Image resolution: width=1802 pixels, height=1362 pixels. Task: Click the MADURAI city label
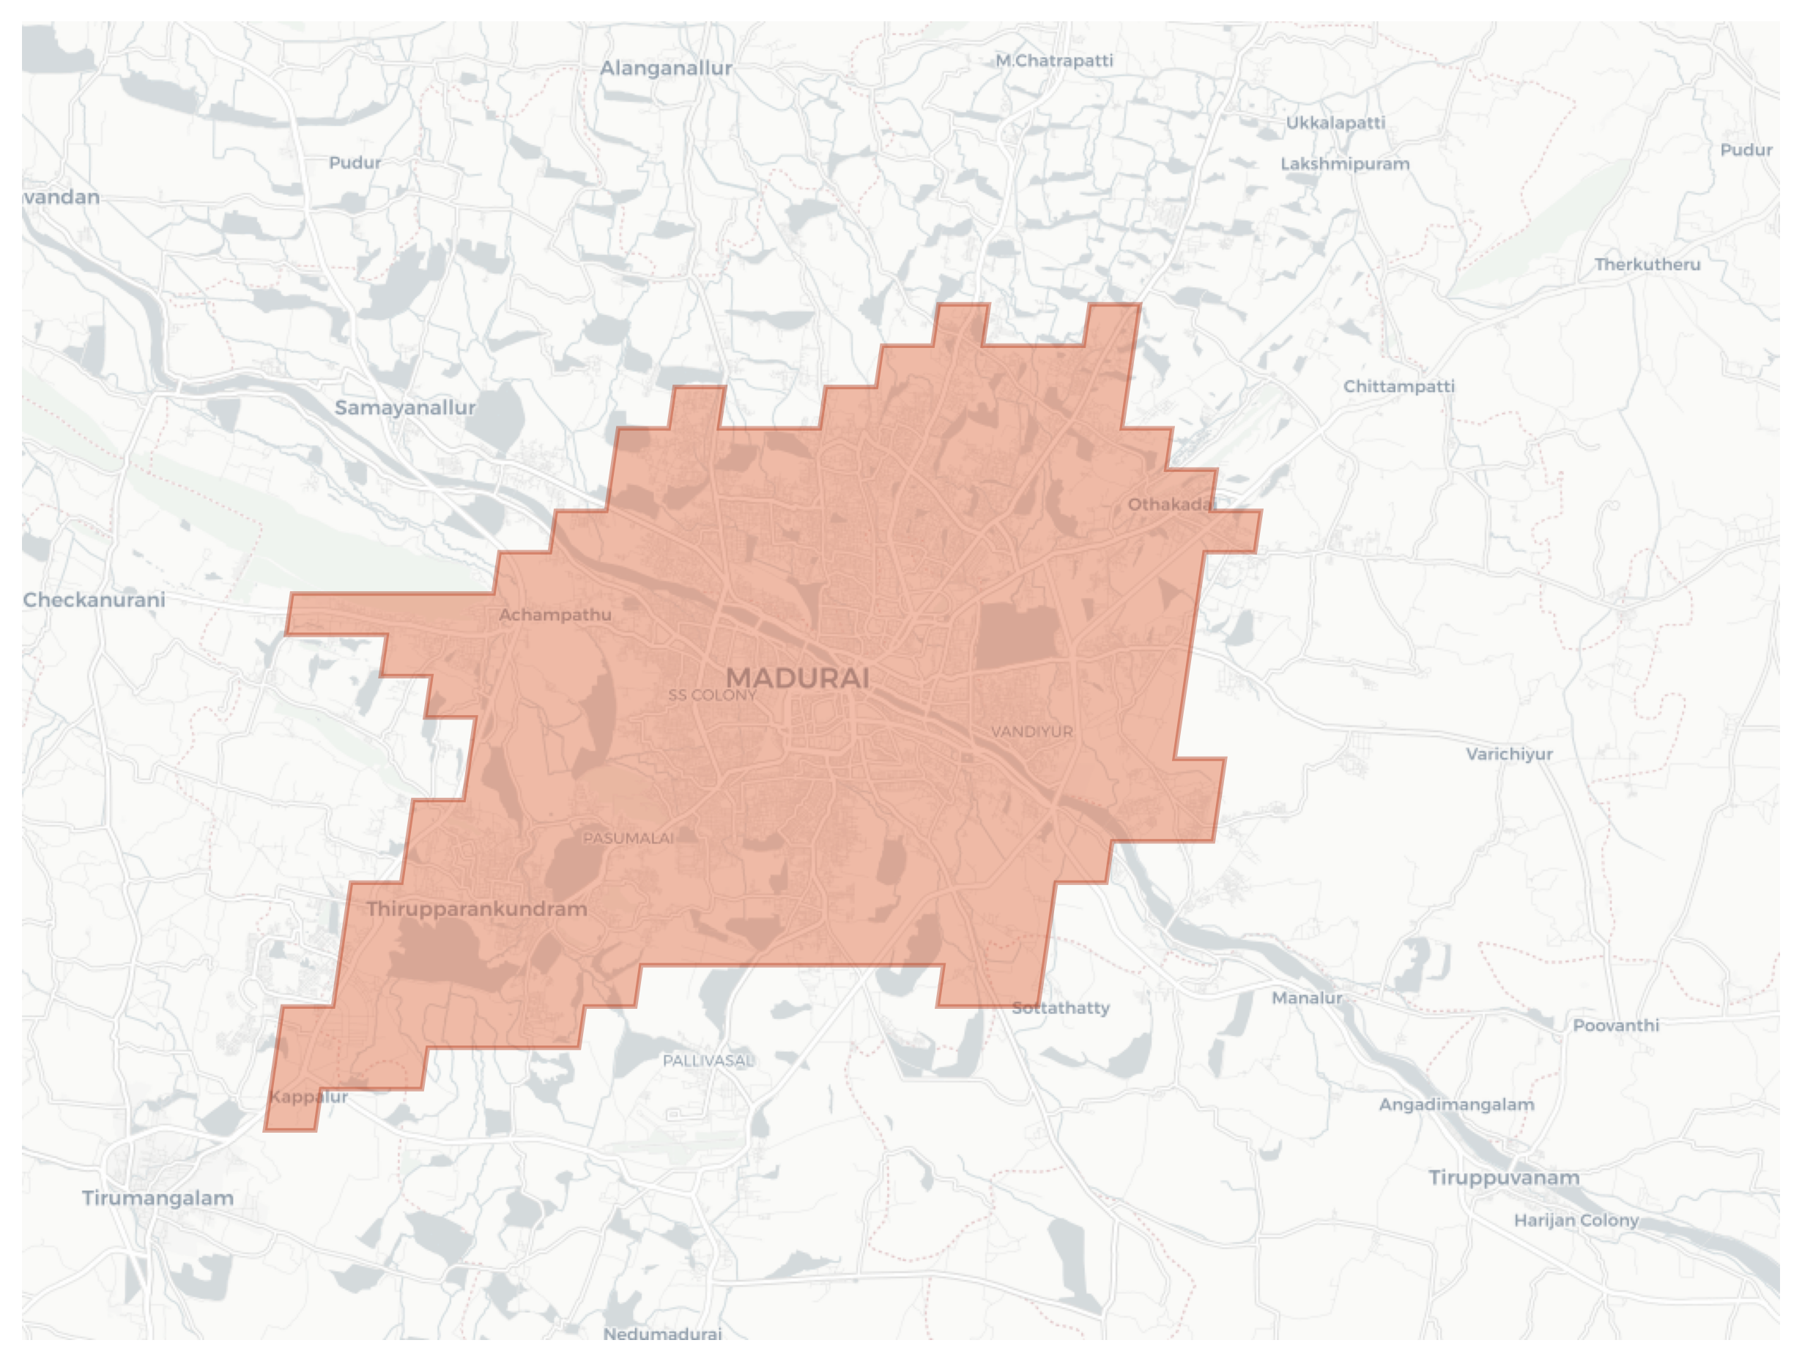coord(798,678)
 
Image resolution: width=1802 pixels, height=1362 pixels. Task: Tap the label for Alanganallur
coord(666,68)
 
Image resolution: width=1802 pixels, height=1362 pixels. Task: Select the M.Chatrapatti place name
coord(1054,61)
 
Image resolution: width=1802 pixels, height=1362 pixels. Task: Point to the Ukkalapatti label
coord(1335,123)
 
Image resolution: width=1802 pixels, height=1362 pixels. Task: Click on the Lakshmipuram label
coord(1345,163)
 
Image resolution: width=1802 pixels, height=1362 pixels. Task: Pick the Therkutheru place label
coord(1647,264)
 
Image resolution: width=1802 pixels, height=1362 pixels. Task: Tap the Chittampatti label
coord(1399,386)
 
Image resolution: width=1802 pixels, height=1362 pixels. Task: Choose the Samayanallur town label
coord(405,407)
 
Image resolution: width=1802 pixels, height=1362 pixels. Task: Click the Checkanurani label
coord(94,600)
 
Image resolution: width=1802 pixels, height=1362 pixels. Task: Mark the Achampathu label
coord(555,615)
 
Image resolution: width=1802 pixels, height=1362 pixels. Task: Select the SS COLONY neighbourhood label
coord(712,695)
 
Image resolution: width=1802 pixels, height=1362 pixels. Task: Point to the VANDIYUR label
coord(1031,731)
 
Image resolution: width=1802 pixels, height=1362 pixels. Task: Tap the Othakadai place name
coord(1171,505)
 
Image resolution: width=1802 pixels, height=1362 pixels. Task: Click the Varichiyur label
coord(1510,755)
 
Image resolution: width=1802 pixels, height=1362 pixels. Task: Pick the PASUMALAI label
coord(628,838)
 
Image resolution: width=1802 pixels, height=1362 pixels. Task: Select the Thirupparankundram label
coord(477,909)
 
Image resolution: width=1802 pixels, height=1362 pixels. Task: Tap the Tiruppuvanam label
coord(1504,1178)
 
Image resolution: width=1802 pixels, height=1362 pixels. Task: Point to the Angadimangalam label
coord(1456,1106)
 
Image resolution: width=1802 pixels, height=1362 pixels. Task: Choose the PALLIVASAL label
coord(707,1061)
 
